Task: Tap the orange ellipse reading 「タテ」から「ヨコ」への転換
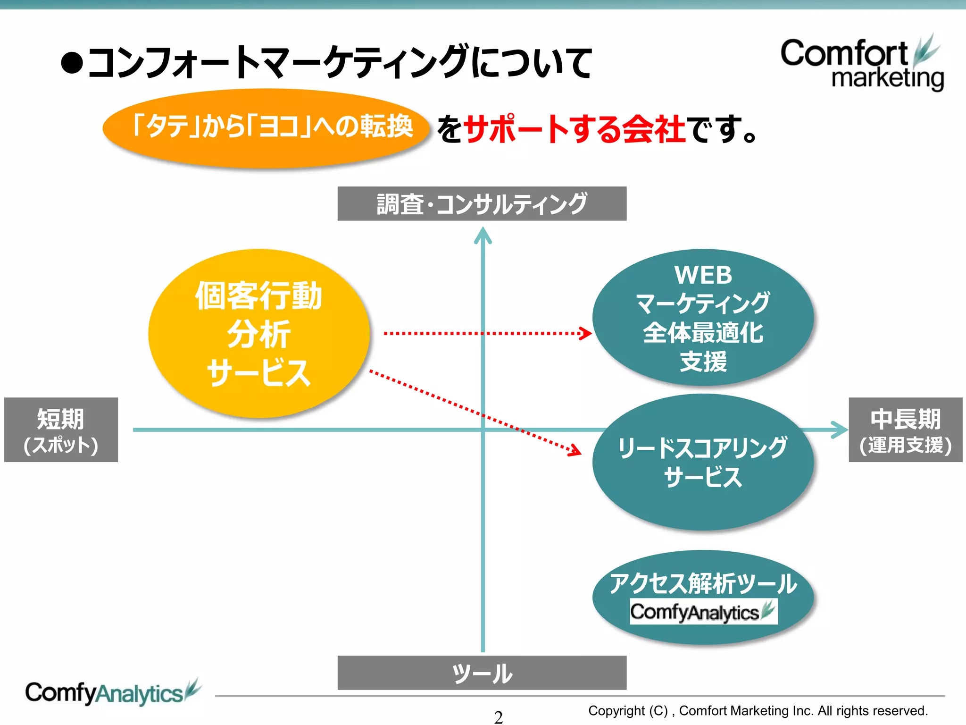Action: pyautogui.click(x=266, y=128)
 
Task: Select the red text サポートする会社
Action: pyautogui.click(x=575, y=129)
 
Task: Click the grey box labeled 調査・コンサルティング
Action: pyautogui.click(x=482, y=203)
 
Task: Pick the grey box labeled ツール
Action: pyautogui.click(x=482, y=673)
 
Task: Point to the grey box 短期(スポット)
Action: pyautogui.click(x=61, y=430)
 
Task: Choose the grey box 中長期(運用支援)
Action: pyautogui.click(x=905, y=430)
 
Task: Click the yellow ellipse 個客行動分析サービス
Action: pyautogui.click(x=259, y=333)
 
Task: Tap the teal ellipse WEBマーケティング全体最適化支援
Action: pyautogui.click(x=703, y=317)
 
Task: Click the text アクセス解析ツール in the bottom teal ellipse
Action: pyautogui.click(x=703, y=583)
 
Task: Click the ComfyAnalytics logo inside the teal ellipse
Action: pyautogui.click(x=703, y=612)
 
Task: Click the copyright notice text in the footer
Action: pyautogui.click(x=758, y=710)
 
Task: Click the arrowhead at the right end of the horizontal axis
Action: pyautogui.click(x=841, y=430)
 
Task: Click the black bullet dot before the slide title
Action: pyautogui.click(x=72, y=63)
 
